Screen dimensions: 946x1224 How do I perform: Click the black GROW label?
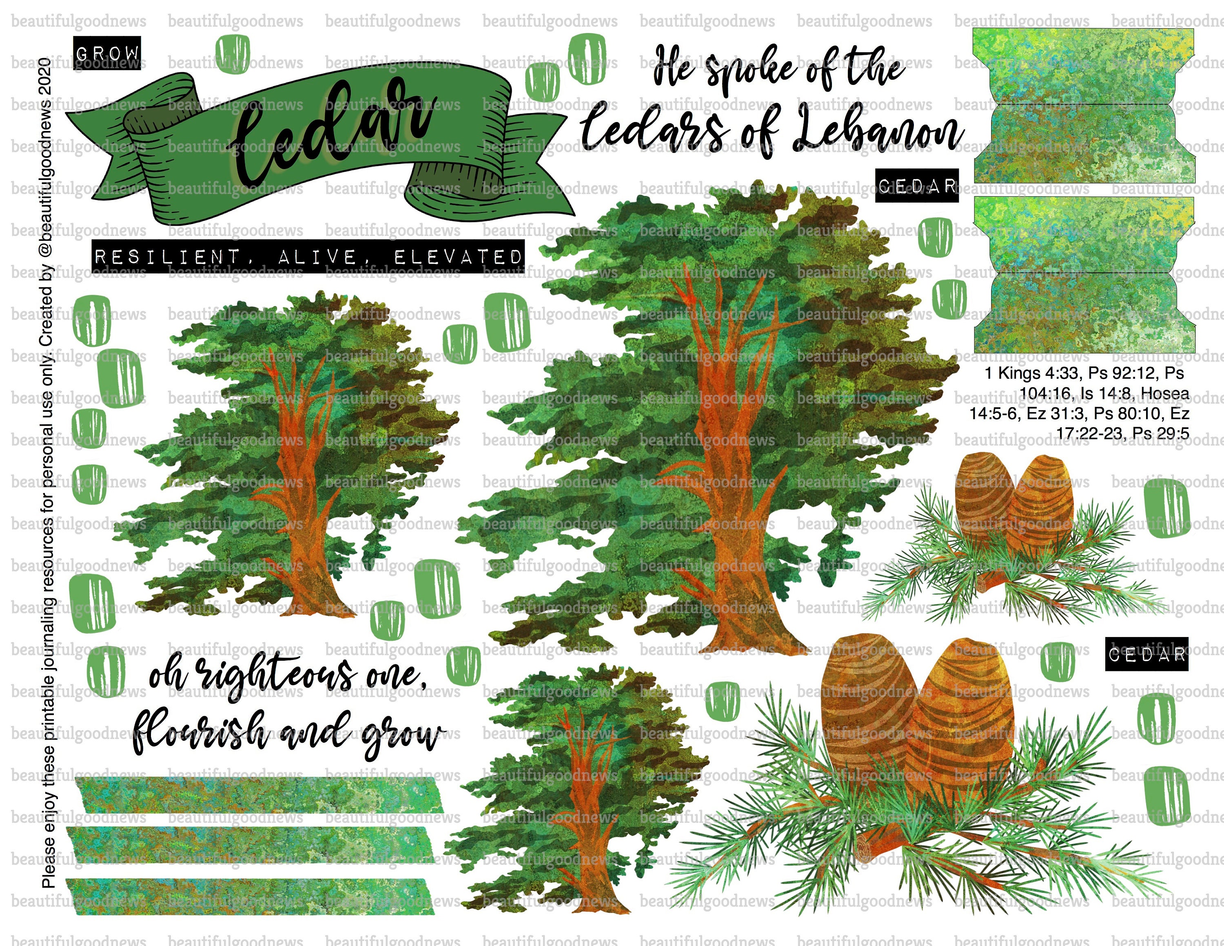tap(107, 53)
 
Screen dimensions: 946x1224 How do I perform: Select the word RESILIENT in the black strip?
tap(166, 257)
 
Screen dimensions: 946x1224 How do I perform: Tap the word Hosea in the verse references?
tap(1164, 393)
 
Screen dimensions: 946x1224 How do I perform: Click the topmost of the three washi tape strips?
tap(258, 795)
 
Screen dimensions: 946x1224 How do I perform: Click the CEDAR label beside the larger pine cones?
tap(1146, 654)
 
